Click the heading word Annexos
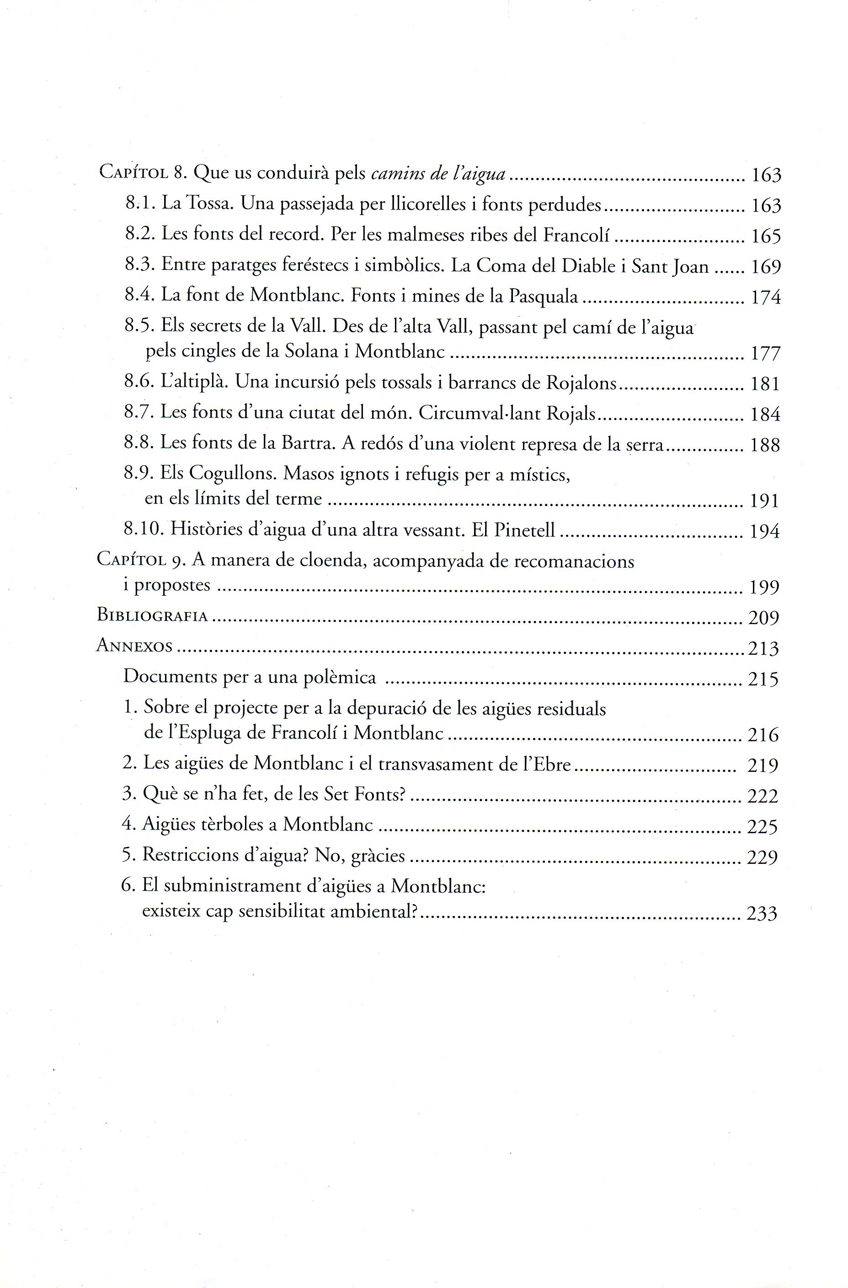134,646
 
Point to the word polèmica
340,677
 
